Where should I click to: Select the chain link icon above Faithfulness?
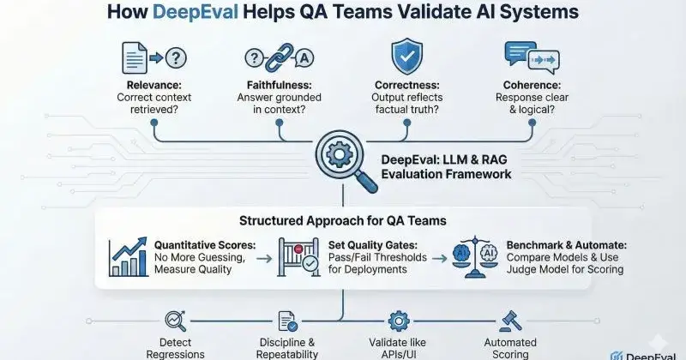276,57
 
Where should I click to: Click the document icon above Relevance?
137,58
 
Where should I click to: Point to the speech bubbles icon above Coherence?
528,56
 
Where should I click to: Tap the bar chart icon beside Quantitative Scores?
128,255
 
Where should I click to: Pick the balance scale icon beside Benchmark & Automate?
475,255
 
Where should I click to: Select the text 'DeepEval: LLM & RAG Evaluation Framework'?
445,166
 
